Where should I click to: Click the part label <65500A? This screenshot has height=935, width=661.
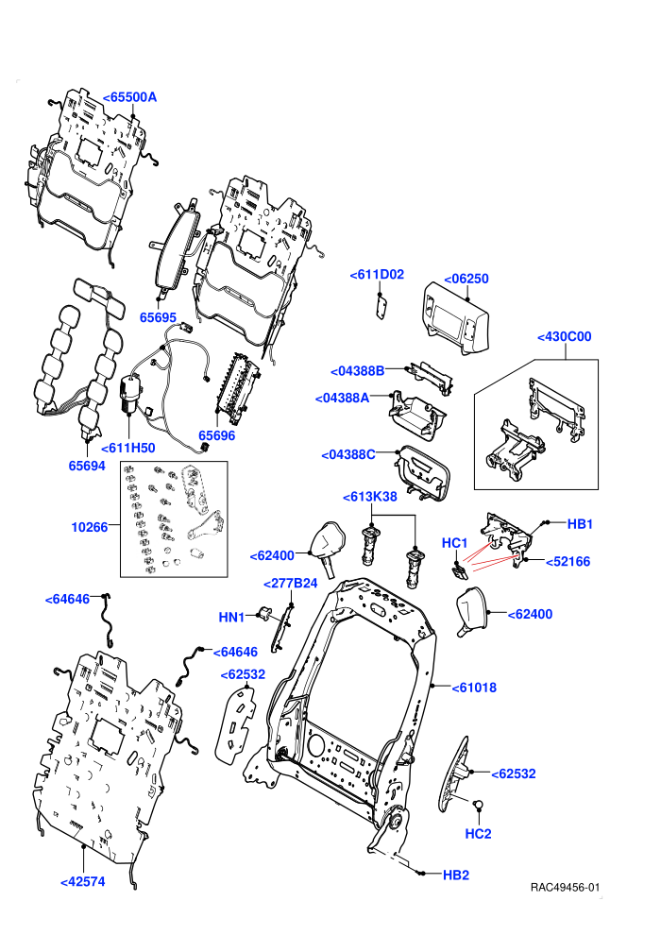[x=129, y=97]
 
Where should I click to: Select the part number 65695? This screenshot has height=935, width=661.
[x=158, y=317]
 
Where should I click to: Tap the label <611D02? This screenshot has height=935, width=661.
[x=377, y=274]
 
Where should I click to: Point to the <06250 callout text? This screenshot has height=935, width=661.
[x=466, y=279]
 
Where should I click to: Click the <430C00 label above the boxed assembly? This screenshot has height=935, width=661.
[x=565, y=336]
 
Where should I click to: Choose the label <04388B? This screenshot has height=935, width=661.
[x=358, y=371]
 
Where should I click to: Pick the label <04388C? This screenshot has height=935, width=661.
[x=348, y=454]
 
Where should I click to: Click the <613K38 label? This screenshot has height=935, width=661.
[x=369, y=497]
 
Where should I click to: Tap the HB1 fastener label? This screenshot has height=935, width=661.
[x=580, y=524]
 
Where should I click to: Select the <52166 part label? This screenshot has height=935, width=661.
[x=568, y=561]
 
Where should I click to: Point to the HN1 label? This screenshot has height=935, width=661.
[x=231, y=617]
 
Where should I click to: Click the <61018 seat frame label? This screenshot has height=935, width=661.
[x=474, y=688]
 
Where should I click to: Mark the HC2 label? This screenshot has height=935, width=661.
[x=478, y=834]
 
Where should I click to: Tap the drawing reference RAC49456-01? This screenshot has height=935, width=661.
[x=565, y=888]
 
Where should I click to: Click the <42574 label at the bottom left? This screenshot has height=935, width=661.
[x=83, y=881]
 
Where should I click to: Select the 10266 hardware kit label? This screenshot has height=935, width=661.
[x=90, y=527]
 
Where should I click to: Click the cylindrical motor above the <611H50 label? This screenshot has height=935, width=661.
[x=129, y=394]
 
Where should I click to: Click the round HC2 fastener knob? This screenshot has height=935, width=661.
[x=478, y=805]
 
